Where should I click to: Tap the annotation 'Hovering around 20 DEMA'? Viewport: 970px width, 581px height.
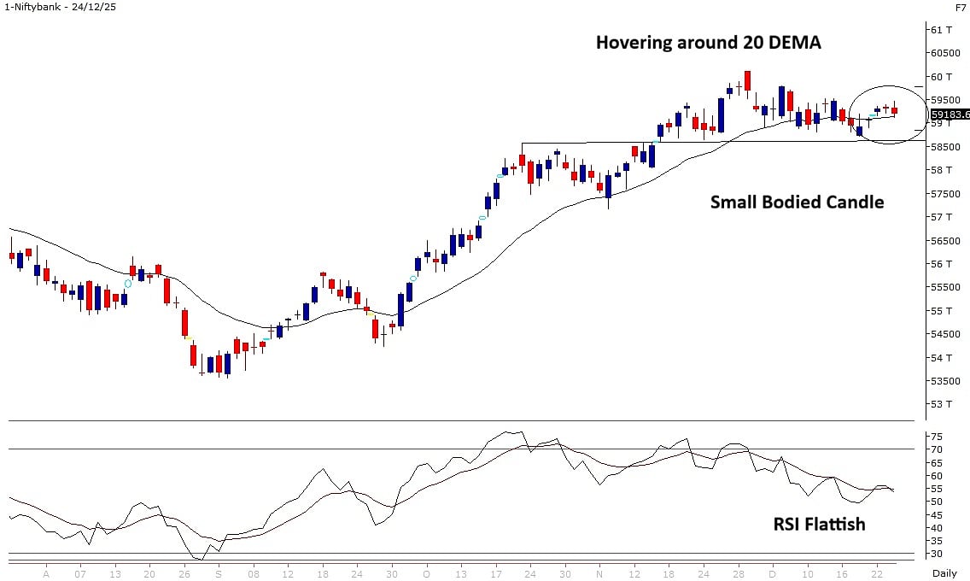pos(708,42)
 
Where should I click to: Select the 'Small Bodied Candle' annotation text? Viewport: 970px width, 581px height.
pos(797,202)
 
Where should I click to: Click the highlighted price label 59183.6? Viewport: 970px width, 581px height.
pos(950,114)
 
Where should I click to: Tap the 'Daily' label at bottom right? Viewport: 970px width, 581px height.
pos(944,572)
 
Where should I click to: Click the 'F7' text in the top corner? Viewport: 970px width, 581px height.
pos(961,7)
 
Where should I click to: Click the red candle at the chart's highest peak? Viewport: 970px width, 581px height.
pos(747,80)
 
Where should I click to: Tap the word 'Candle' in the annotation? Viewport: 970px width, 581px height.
pos(855,202)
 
